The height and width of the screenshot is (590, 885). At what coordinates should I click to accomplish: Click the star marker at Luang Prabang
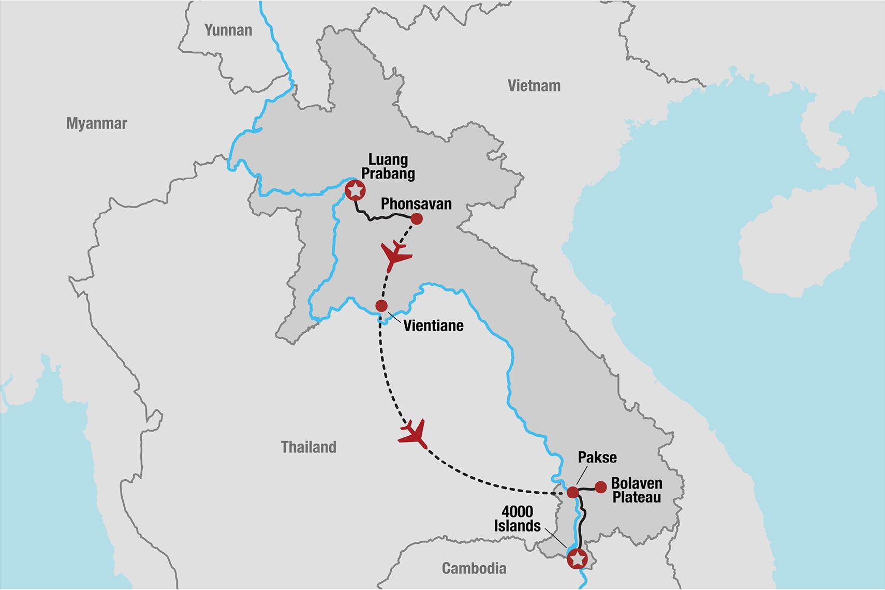355,190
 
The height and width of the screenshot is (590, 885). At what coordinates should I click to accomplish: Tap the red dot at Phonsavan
416,219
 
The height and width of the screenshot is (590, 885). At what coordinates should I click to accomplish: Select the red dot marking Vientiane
381,306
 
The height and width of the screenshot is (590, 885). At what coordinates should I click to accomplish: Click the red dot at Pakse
572,492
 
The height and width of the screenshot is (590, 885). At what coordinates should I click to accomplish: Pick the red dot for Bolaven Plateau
600,487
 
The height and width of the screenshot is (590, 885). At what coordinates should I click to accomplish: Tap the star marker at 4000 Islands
577,559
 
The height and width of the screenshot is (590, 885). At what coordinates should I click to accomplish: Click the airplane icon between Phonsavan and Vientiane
395,255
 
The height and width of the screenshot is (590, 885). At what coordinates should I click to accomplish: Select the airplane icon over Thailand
414,434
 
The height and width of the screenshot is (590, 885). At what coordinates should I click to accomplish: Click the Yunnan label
228,31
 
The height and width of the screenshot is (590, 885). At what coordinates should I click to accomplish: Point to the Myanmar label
96,124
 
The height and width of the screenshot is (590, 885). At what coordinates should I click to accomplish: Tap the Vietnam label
534,86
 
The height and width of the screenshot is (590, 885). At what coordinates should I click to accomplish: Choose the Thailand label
308,447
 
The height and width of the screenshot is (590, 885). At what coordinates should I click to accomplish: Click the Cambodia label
474,569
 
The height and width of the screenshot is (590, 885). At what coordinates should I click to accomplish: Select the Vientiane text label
433,326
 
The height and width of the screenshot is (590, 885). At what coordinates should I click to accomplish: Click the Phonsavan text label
416,204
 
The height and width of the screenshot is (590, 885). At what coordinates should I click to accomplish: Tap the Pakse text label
597,458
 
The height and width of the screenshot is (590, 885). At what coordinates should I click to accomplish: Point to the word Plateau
637,498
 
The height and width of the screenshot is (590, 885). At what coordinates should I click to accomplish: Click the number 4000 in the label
517,512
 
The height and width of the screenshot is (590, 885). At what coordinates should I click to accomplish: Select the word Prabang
388,174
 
